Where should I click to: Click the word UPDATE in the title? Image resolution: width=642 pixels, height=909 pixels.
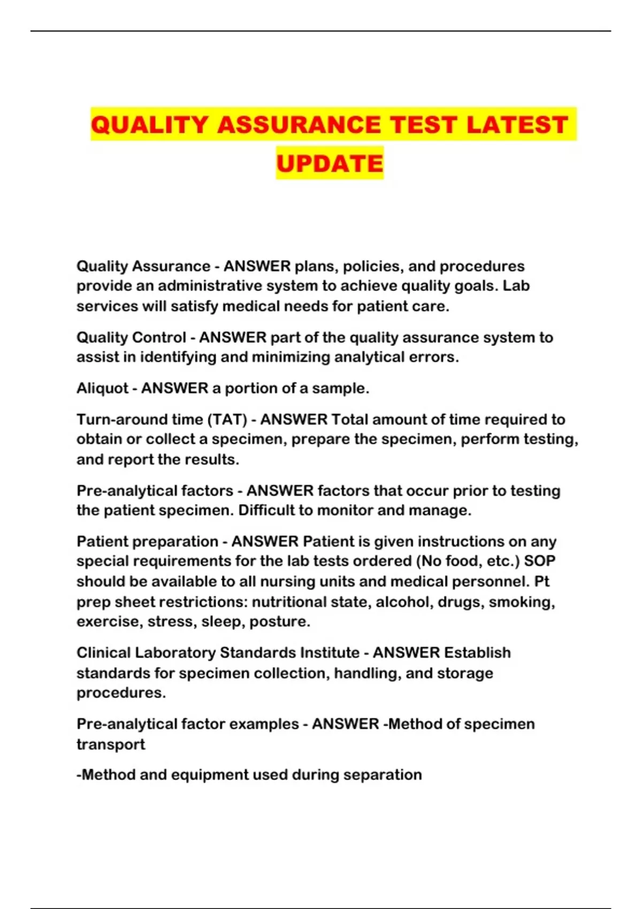[x=330, y=164]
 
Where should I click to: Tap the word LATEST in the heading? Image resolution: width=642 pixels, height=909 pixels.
[x=517, y=125]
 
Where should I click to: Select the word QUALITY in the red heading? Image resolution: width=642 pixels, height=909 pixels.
[x=149, y=125]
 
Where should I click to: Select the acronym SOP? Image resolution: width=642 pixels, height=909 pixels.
[x=539, y=561]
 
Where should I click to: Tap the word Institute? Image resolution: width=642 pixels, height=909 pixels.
[x=329, y=653]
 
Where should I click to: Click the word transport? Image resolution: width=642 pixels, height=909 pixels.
[x=111, y=744]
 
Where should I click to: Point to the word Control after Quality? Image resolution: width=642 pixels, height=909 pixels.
[x=158, y=338]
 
